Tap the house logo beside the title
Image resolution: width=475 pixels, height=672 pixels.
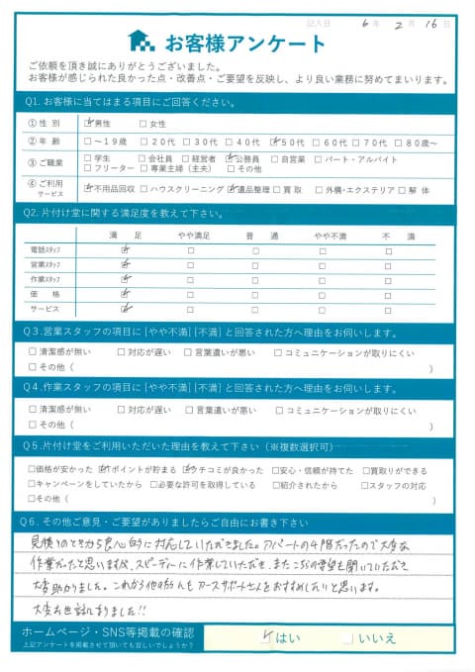click(x=142, y=43)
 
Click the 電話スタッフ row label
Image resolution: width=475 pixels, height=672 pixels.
click(x=45, y=250)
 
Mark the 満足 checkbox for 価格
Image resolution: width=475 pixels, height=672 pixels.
click(x=125, y=294)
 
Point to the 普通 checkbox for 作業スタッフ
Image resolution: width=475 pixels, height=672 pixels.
click(x=255, y=279)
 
